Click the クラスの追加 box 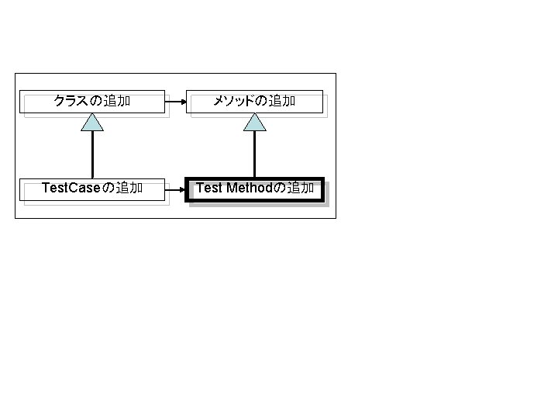[92, 102]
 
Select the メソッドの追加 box [254, 102]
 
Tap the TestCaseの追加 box [92, 189]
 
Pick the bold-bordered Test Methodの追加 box [254, 189]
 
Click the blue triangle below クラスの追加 [92, 123]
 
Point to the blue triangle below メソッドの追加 [254, 123]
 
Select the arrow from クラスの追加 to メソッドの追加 [175, 102]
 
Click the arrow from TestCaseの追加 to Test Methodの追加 [175, 189]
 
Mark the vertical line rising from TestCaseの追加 [92, 155]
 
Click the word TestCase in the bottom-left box [71, 189]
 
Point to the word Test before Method [210, 188]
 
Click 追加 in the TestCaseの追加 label [129, 189]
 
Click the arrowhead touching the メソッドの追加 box [184, 102]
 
